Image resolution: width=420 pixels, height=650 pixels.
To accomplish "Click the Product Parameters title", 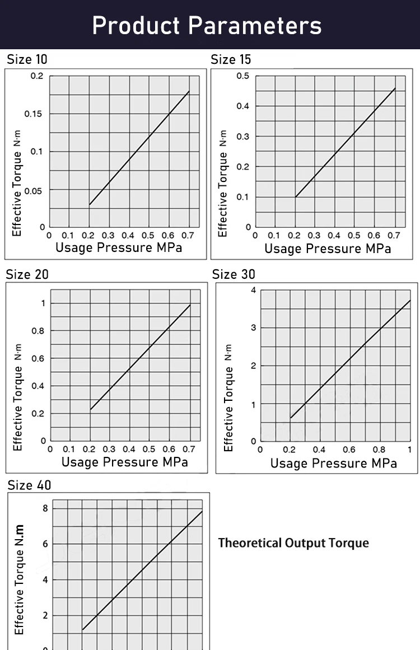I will [207, 26].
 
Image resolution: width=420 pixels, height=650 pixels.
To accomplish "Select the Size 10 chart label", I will [27, 59].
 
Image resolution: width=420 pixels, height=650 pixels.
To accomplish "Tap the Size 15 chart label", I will [231, 59].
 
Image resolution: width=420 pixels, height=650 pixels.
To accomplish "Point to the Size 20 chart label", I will [27, 274].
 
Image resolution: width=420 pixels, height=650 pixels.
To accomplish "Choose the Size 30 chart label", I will [234, 274].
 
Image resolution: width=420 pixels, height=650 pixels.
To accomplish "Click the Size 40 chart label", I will [29, 485].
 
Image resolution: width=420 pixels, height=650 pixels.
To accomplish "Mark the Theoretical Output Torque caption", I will [293, 543].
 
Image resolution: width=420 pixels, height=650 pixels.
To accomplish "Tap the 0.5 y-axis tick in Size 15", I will [243, 76].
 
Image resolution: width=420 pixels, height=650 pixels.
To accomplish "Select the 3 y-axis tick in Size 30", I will [253, 328].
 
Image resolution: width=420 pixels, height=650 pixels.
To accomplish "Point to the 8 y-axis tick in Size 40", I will [45, 508].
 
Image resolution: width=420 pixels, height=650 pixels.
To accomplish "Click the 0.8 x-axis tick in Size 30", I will [380, 450].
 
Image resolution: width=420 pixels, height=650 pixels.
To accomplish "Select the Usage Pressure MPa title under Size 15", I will [328, 248].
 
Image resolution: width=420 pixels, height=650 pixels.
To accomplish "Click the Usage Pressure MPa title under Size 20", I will [124, 462].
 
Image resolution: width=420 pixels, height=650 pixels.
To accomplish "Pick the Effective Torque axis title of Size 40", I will [20, 579].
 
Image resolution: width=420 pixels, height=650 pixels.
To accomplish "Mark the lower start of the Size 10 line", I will [90, 205].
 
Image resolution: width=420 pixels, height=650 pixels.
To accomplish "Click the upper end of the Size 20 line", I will [190, 305].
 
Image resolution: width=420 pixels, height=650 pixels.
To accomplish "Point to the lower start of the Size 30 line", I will [291, 418].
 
